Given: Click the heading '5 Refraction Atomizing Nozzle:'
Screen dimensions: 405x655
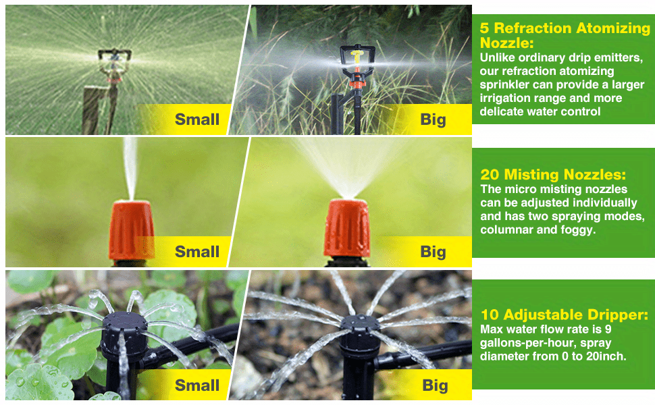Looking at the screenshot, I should (x=565, y=35).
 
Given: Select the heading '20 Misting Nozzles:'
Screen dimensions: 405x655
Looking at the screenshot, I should (x=553, y=175).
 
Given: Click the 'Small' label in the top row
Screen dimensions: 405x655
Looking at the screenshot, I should (x=197, y=120).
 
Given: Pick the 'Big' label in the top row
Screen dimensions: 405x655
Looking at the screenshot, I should (x=433, y=120).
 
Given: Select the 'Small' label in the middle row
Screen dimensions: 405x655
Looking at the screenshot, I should (x=197, y=252).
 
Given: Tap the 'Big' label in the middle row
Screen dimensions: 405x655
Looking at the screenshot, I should (x=433, y=252).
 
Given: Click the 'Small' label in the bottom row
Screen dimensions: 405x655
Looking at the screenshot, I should (x=197, y=385).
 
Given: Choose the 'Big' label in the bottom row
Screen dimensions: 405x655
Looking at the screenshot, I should (x=435, y=385).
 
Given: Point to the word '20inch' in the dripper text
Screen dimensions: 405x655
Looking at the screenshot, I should (x=606, y=356).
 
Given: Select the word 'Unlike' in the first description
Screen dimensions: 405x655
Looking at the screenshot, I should (x=498, y=58).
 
